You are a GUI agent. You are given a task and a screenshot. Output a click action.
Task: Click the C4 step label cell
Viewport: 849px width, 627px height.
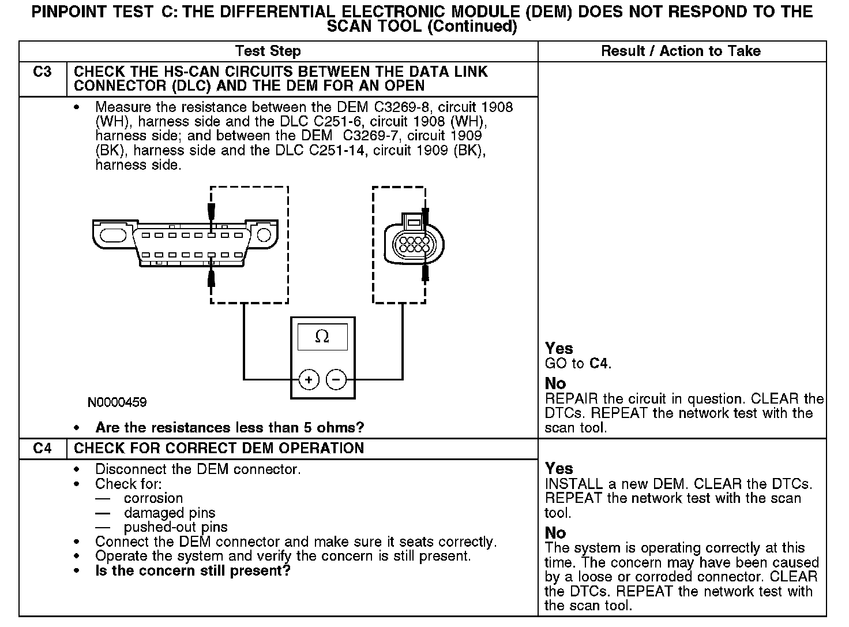pyautogui.click(x=43, y=449)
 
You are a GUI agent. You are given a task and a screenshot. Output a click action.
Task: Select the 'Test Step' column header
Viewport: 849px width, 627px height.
pyautogui.click(x=268, y=51)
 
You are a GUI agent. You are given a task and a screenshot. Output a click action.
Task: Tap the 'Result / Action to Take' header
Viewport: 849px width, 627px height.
pyautogui.click(x=681, y=51)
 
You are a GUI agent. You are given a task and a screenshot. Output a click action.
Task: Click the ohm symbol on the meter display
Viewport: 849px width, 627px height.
pyautogui.click(x=322, y=337)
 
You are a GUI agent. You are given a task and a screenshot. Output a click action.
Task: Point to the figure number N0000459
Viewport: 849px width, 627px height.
pyautogui.click(x=117, y=402)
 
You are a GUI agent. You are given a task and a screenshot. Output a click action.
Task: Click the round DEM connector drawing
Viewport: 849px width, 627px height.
pyautogui.click(x=414, y=242)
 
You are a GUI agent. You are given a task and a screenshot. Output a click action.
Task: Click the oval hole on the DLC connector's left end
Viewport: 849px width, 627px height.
pyautogui.click(x=113, y=236)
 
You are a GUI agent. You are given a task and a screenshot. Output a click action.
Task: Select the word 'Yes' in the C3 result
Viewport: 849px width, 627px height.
pyautogui.click(x=559, y=349)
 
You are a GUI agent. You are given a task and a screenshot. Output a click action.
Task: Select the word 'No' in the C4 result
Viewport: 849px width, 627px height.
pyautogui.click(x=555, y=533)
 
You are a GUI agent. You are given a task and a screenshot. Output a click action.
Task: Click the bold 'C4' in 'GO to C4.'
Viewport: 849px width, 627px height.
pyautogui.click(x=599, y=364)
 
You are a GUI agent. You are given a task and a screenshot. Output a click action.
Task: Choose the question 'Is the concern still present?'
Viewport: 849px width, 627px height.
pyautogui.click(x=193, y=571)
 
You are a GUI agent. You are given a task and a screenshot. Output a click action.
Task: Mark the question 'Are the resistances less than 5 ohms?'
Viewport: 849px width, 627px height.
pyautogui.click(x=230, y=428)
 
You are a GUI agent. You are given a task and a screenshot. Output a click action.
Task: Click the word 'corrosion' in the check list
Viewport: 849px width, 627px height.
pyautogui.click(x=153, y=498)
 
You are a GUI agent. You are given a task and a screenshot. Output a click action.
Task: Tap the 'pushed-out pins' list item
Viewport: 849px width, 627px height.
pyautogui.click(x=175, y=527)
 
